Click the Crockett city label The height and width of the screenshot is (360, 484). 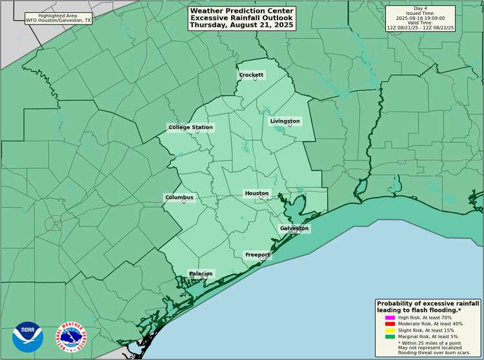(x=251, y=75)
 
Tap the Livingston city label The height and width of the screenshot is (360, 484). (x=285, y=121)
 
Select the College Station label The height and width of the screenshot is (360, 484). (x=190, y=127)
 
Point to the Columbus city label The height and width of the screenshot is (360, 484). (x=179, y=197)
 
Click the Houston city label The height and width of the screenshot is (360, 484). (x=256, y=194)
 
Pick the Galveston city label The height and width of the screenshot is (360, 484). (x=294, y=228)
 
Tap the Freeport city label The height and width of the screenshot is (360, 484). (x=257, y=255)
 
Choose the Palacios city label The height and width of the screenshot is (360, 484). (x=201, y=274)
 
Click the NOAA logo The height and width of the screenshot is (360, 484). (x=28, y=337)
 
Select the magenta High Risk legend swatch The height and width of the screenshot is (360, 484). (x=390, y=317)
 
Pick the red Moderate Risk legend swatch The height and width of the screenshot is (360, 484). (x=390, y=325)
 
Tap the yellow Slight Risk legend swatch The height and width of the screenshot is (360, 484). (x=390, y=331)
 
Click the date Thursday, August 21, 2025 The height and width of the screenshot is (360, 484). (x=241, y=25)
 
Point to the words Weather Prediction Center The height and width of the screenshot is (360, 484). (x=241, y=11)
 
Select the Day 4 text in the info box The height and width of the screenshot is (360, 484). (x=420, y=8)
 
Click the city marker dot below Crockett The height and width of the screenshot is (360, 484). (x=255, y=79)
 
